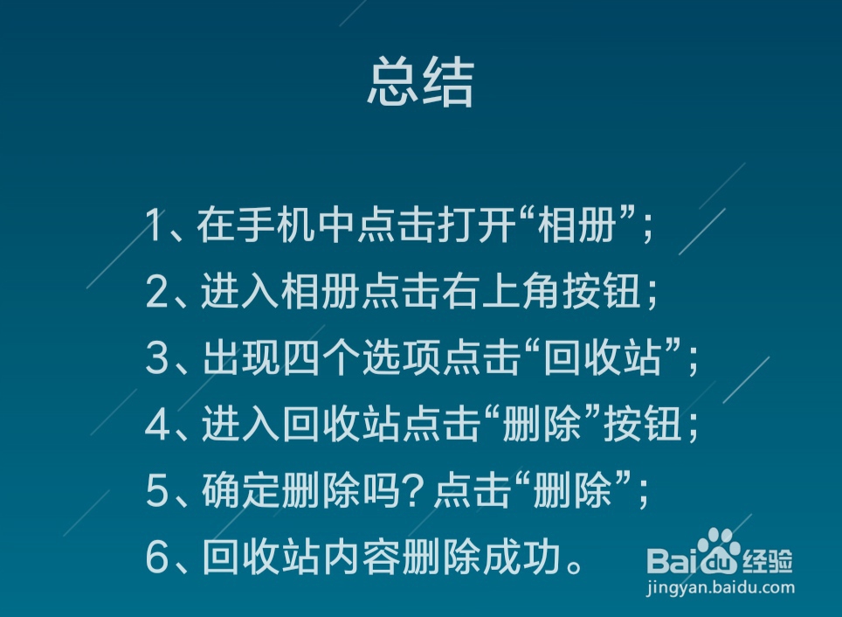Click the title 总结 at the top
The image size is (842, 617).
click(420, 84)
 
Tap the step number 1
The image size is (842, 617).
click(155, 226)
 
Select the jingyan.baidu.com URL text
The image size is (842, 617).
click(721, 588)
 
